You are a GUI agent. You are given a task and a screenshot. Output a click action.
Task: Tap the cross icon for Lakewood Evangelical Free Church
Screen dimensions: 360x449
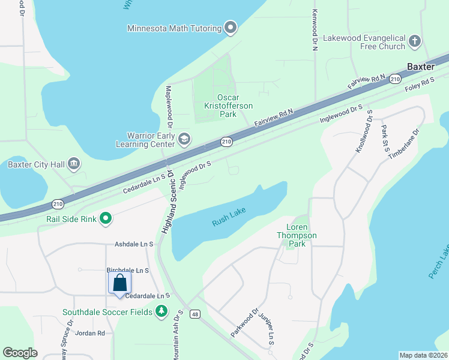[x=414, y=42]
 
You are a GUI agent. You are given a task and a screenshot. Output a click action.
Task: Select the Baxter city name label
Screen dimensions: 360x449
[x=420, y=67]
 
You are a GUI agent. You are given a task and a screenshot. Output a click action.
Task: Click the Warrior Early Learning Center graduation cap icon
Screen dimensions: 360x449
[x=184, y=140]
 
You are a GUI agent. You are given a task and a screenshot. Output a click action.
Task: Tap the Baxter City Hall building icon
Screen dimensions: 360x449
[x=74, y=164]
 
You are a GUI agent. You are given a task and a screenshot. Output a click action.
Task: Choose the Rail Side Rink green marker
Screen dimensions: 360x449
[x=106, y=218]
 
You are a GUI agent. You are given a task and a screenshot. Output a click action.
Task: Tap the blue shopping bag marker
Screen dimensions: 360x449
[x=120, y=283]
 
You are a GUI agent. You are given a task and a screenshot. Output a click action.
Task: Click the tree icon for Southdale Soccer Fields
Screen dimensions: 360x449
[x=161, y=311]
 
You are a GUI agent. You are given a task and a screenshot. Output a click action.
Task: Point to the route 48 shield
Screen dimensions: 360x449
[x=194, y=314]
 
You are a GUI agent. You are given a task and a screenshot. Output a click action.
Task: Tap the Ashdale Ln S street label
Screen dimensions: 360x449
[x=134, y=245]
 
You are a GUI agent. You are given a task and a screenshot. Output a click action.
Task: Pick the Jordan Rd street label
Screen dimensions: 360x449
[x=92, y=333]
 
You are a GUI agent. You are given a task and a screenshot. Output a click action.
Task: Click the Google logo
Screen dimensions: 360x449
[x=20, y=353]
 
